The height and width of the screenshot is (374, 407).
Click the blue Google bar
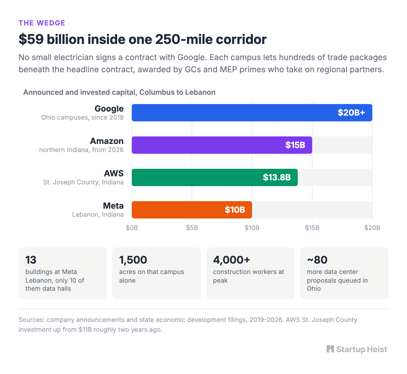coord(252,113)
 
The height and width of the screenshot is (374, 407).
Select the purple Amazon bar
coord(222,145)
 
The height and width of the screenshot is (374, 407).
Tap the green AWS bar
coord(215,177)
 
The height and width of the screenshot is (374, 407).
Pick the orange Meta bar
coord(192,210)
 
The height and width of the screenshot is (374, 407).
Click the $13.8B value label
coord(277,177)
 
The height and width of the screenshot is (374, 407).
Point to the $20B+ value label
coord(351,113)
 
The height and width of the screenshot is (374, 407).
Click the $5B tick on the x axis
coord(192,228)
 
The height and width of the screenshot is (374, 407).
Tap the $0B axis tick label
coord(132,228)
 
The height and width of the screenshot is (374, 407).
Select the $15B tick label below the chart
coord(312,228)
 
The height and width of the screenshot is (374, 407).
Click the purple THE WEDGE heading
coord(42,23)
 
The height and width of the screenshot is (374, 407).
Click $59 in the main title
coord(31,39)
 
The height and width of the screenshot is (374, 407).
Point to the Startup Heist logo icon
coord(330,349)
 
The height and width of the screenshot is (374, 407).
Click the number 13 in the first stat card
coord(31,260)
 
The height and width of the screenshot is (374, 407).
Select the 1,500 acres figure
coord(133,260)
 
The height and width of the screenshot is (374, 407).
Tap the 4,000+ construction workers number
coord(232,260)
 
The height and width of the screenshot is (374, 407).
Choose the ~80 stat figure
coord(317,260)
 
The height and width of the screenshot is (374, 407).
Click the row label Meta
coord(113,206)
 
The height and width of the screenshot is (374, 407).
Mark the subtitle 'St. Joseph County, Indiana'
coord(83,182)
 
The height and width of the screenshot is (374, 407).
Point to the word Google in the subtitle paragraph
coord(192,58)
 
